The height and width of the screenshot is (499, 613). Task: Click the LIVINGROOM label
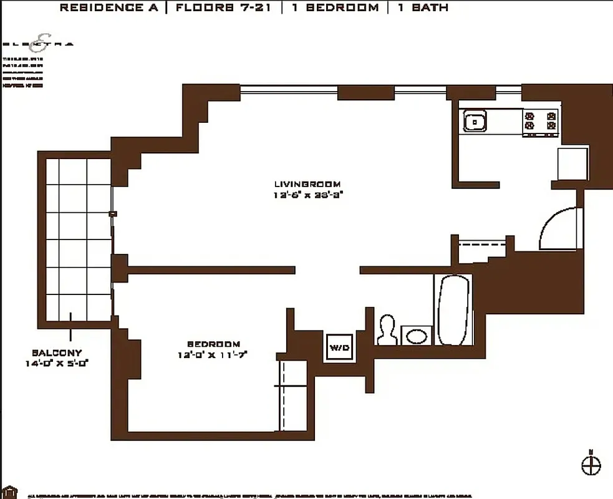[x=307, y=184]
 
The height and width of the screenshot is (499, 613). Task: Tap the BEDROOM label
[x=213, y=344]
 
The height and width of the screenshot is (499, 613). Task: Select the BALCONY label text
[x=57, y=352]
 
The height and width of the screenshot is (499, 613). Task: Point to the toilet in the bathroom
[x=387, y=329]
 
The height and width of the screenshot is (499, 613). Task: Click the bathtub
[x=453, y=310]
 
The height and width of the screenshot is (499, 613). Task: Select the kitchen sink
[x=475, y=121]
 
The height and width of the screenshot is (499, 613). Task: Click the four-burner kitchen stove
[x=540, y=121]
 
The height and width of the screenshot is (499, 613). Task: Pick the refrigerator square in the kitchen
[x=572, y=163]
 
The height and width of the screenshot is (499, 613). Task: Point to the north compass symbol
[x=591, y=464]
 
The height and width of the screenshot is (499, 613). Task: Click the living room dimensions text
[x=307, y=195]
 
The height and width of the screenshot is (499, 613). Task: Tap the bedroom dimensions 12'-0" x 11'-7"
[x=213, y=356]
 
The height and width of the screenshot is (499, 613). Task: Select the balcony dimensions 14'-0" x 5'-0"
[x=57, y=364]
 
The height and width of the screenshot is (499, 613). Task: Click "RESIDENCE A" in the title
[x=112, y=8]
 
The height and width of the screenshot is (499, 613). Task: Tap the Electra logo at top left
[x=38, y=42]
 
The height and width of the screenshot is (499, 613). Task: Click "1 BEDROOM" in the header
[x=334, y=8]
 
